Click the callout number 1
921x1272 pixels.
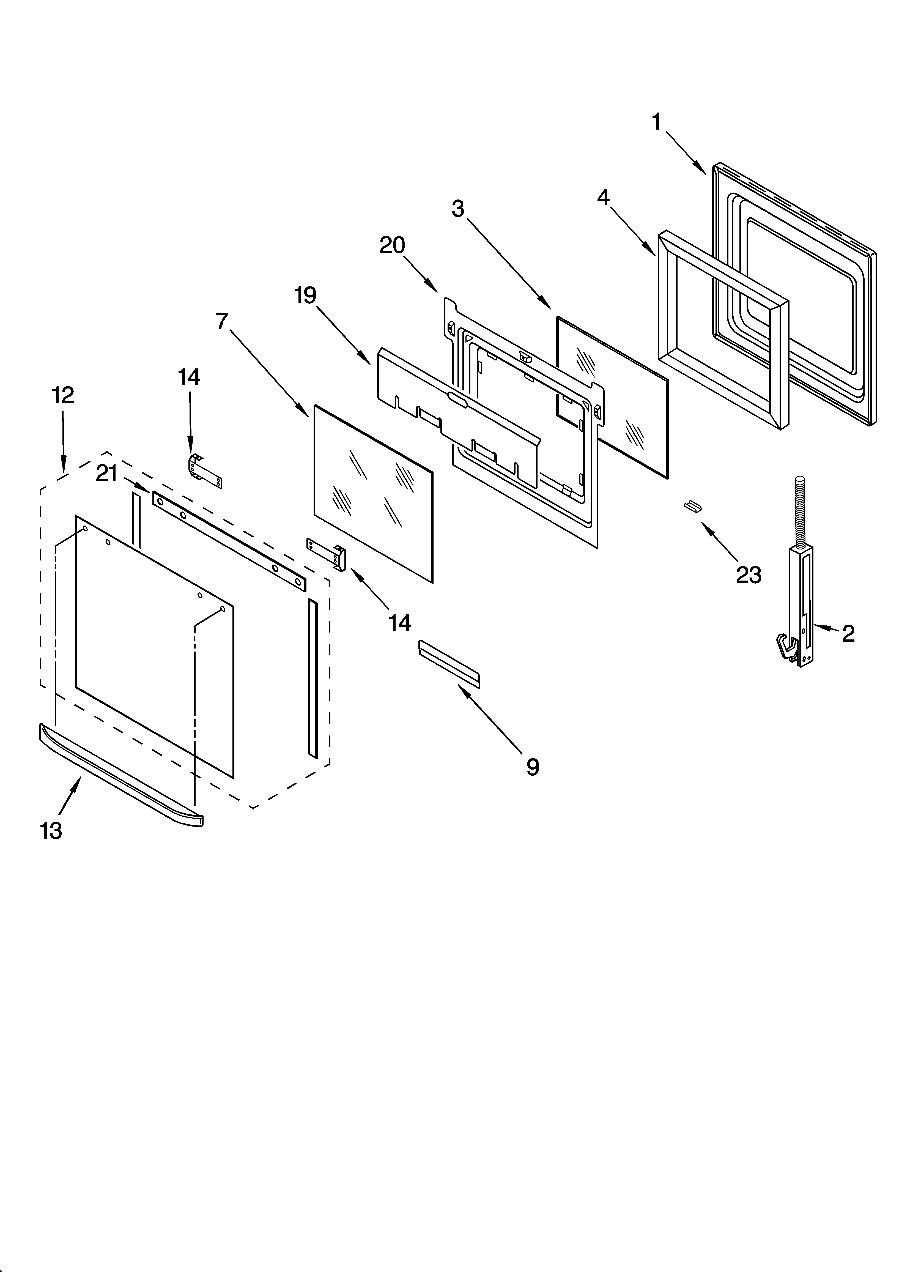657,122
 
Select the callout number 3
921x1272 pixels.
458,209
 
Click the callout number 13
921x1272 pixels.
51,831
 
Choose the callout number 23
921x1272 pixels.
748,575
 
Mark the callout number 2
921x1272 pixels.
848,634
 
